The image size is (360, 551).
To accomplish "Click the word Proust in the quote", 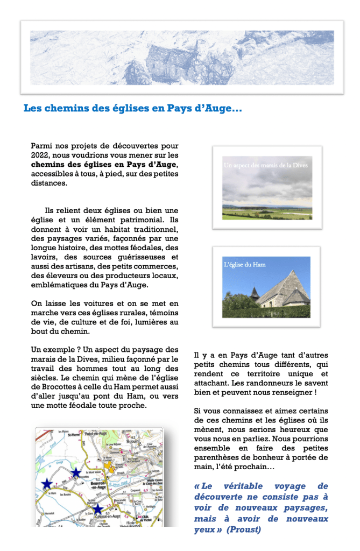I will (x=244, y=529).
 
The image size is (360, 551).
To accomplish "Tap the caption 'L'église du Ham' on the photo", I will (x=244, y=265).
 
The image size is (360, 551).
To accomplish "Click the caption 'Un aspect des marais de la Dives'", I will (x=266, y=166).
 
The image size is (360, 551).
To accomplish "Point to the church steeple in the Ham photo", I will (x=255, y=292).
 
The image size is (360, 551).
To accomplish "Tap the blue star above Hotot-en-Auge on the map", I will (x=97, y=508).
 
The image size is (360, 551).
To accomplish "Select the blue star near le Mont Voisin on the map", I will (x=76, y=472).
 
